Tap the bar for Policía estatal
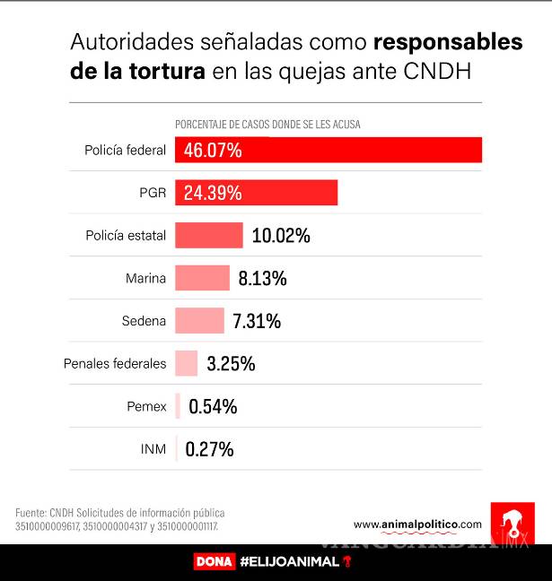pyautogui.click(x=208, y=235)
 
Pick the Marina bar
pyautogui.click(x=202, y=278)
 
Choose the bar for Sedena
pyautogui.click(x=199, y=320)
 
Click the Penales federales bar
pyautogui.click(x=186, y=363)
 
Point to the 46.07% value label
pyautogui.click(x=213, y=151)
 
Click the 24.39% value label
pyautogui.click(x=213, y=193)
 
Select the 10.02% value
pyautogui.click(x=281, y=236)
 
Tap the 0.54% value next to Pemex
pyautogui.click(x=213, y=406)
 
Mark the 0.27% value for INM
pyautogui.click(x=209, y=448)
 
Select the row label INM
pyautogui.click(x=153, y=448)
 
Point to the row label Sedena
pyautogui.click(x=144, y=321)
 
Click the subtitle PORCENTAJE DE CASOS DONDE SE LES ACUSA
pyautogui.click(x=267, y=124)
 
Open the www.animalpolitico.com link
pyautogui.click(x=417, y=525)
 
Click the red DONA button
pyautogui.click(x=214, y=562)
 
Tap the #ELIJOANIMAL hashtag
pyautogui.click(x=290, y=562)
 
